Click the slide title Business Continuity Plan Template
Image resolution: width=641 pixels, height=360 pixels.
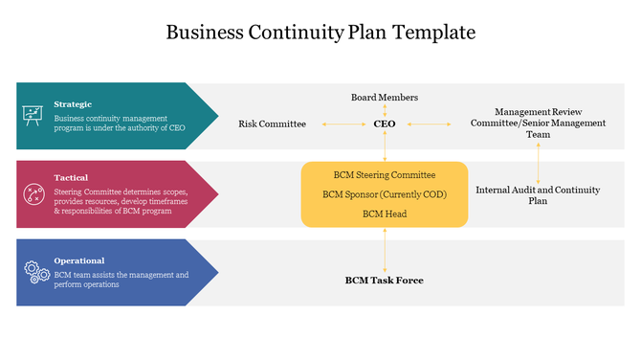(x=320, y=33)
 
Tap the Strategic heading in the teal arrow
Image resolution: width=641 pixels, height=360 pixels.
(x=73, y=103)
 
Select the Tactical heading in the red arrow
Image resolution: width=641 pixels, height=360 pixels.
(x=71, y=177)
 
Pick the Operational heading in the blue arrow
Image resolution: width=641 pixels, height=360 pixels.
(x=79, y=260)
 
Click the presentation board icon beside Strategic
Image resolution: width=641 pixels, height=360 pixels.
(x=33, y=116)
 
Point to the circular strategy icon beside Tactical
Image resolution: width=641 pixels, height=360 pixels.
(x=33, y=194)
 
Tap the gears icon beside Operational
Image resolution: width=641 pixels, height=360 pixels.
(x=36, y=272)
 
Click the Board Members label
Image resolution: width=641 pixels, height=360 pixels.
(x=385, y=97)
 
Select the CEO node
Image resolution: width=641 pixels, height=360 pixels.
(x=385, y=124)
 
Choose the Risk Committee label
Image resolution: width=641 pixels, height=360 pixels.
(x=273, y=124)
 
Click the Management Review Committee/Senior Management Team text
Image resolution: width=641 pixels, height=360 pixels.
(x=538, y=123)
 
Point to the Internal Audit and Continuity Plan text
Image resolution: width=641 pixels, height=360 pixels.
(x=538, y=195)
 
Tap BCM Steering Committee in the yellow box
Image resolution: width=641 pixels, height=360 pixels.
(x=385, y=175)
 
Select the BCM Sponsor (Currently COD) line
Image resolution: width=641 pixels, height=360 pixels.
(x=385, y=194)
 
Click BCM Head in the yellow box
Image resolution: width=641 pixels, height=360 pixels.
(x=385, y=214)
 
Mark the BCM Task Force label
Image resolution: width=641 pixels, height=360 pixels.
(x=385, y=281)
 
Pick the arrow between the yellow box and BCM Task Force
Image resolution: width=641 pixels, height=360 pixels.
(x=385, y=250)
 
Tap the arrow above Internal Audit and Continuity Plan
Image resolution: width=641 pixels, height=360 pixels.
(x=538, y=161)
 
